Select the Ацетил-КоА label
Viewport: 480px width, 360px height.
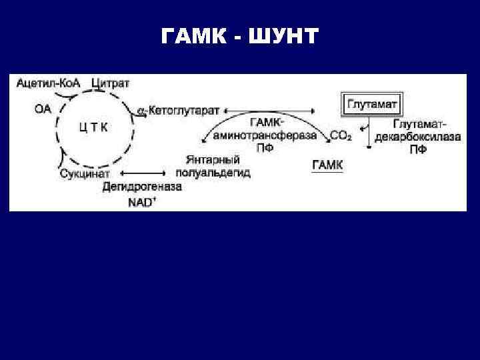pos(49,83)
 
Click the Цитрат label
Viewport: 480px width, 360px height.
pos(111,83)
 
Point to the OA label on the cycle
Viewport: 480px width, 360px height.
pos(41,109)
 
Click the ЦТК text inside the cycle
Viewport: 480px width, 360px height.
pos(93,126)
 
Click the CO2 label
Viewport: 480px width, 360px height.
pos(341,136)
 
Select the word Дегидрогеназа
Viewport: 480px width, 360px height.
pos(142,187)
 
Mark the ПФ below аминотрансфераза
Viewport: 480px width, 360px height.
pos(265,148)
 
